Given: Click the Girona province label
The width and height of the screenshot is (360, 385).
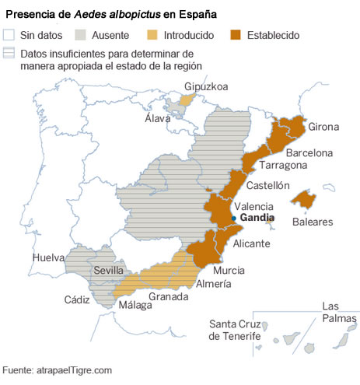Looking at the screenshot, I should pos(323,127).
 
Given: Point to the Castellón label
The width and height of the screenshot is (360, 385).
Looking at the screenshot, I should pos(267,186).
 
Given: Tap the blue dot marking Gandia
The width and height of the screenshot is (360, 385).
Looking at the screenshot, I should pos(233,219).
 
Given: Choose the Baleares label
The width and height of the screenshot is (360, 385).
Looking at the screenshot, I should pos(312,222).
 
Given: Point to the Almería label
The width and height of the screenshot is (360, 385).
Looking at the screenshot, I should pos(212,284).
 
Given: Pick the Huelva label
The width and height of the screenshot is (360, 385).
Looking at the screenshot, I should pos(48,257).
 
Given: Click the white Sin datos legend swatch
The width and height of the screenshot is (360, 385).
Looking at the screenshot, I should pos(10,34).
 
